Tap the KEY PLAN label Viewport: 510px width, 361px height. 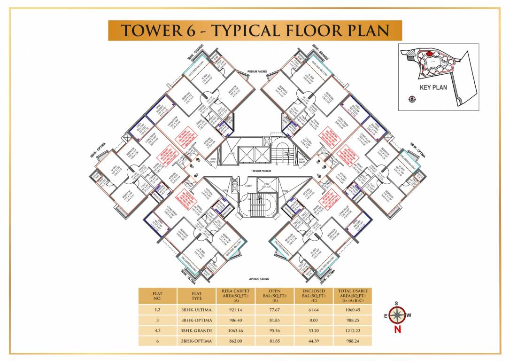[x=433, y=87]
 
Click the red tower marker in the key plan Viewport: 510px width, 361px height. [x=429, y=55]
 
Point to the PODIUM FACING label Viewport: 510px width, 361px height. [x=257, y=71]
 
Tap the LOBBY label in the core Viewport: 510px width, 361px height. [x=248, y=186]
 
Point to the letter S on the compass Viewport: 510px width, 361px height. [x=397, y=303]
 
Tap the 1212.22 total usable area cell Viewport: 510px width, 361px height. [x=353, y=330]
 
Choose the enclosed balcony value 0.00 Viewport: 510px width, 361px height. [x=313, y=320]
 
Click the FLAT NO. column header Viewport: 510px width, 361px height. [x=157, y=296]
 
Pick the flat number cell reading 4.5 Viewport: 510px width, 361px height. [x=157, y=330]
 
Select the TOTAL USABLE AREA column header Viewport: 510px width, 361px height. [x=353, y=296]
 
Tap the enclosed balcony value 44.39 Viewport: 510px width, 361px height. [x=313, y=341]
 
